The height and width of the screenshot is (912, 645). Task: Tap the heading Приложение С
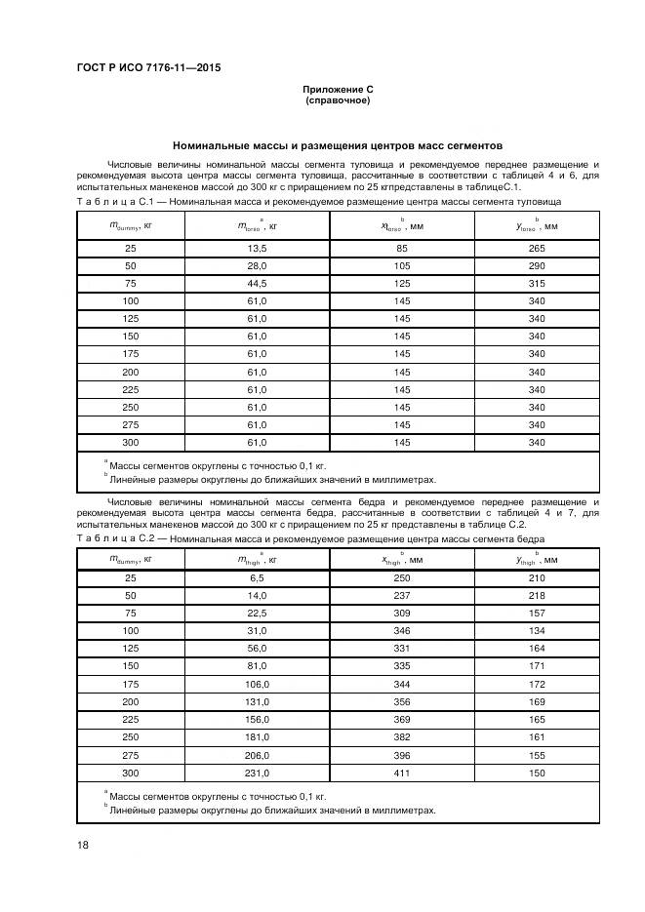point(338,90)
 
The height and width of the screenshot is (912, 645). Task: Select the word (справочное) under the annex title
point(338,100)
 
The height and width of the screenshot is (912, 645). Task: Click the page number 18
point(82,845)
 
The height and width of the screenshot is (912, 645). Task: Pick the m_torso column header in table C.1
point(259,226)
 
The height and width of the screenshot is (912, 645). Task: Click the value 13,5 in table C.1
point(258,249)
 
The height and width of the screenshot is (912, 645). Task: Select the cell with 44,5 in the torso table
point(258,284)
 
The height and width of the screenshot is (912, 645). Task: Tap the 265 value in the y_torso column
point(536,249)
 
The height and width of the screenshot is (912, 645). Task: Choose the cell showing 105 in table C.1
point(402,266)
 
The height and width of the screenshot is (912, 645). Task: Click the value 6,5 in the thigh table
point(258,579)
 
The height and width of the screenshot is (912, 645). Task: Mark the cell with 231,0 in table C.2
point(258,773)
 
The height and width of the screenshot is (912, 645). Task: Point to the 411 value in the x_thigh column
point(402,773)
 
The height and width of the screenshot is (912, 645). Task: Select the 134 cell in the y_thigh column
point(536,632)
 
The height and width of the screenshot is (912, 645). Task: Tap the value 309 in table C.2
point(402,615)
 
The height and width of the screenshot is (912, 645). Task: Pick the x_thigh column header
point(402,560)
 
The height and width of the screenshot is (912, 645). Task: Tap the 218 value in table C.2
point(536,597)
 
